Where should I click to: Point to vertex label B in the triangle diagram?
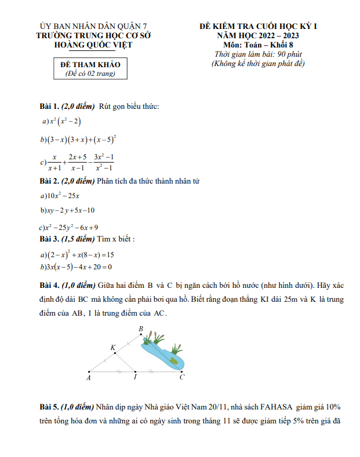(141, 329)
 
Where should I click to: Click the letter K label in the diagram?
(113, 347)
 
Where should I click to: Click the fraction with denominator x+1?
(56, 162)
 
